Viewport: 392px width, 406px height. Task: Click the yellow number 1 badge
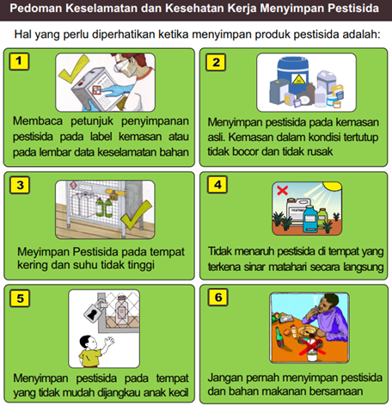tap(19, 61)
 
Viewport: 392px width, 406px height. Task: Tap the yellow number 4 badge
tap(217, 185)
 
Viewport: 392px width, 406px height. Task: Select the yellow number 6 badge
tap(218, 298)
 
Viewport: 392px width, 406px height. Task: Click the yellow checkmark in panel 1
tap(73, 69)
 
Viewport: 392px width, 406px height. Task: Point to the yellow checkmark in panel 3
tap(136, 215)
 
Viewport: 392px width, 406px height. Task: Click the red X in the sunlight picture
tap(282, 190)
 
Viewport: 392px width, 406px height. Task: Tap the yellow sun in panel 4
tap(333, 186)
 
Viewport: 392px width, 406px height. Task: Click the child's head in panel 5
tap(87, 342)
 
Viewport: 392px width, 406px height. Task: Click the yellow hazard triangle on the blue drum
tap(297, 79)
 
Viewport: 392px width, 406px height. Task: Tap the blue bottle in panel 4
tap(310, 218)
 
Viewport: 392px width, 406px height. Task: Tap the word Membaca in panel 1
tap(38, 121)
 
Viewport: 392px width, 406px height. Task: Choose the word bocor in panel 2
tap(245, 151)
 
